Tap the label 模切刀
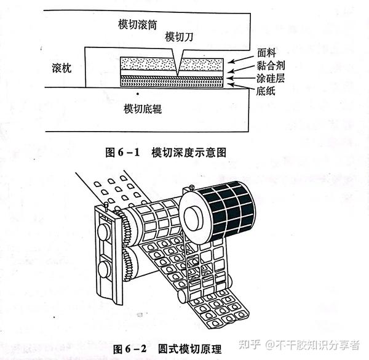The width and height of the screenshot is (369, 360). tap(180, 37)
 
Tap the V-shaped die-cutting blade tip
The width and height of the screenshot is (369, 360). tap(177, 71)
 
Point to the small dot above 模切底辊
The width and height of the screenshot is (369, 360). tap(138, 94)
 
